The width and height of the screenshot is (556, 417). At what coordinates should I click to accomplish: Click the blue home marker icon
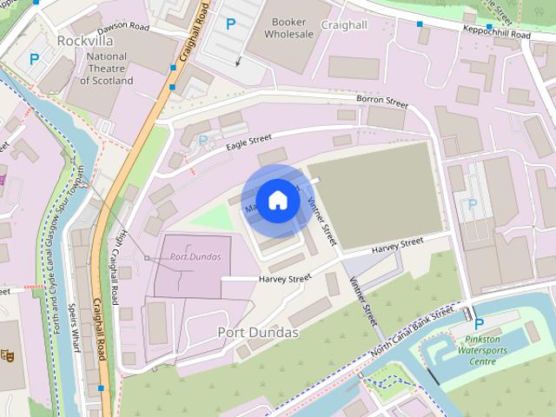(277, 199)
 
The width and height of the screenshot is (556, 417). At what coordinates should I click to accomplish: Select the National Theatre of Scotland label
(107, 69)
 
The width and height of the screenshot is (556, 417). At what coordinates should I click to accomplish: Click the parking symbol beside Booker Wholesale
(230, 24)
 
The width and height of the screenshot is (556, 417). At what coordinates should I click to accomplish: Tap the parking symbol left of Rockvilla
(34, 60)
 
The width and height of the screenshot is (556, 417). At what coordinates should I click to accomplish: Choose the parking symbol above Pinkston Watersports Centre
(479, 324)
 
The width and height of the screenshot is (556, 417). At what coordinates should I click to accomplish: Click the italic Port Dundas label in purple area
(195, 257)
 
